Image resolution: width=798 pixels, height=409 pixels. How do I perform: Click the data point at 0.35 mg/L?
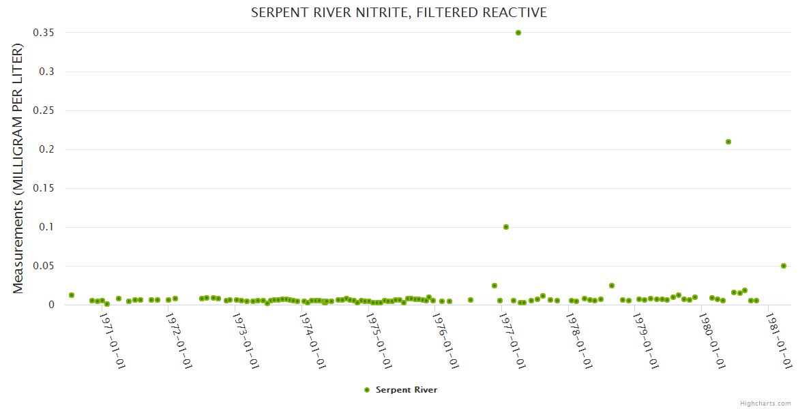518,33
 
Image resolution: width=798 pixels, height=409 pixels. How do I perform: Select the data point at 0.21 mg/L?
728,142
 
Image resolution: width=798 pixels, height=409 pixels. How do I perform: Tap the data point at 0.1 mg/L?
506,227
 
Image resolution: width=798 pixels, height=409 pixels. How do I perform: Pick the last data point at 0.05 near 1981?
784,266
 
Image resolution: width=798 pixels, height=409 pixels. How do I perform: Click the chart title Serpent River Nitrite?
399,13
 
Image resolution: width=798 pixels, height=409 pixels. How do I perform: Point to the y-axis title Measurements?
18,168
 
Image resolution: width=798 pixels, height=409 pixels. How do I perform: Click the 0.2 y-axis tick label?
46,149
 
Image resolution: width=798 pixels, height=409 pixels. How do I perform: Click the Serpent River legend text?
407,390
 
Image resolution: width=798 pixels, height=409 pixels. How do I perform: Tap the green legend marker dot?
367,390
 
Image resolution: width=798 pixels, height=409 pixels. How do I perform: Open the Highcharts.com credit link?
766,404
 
